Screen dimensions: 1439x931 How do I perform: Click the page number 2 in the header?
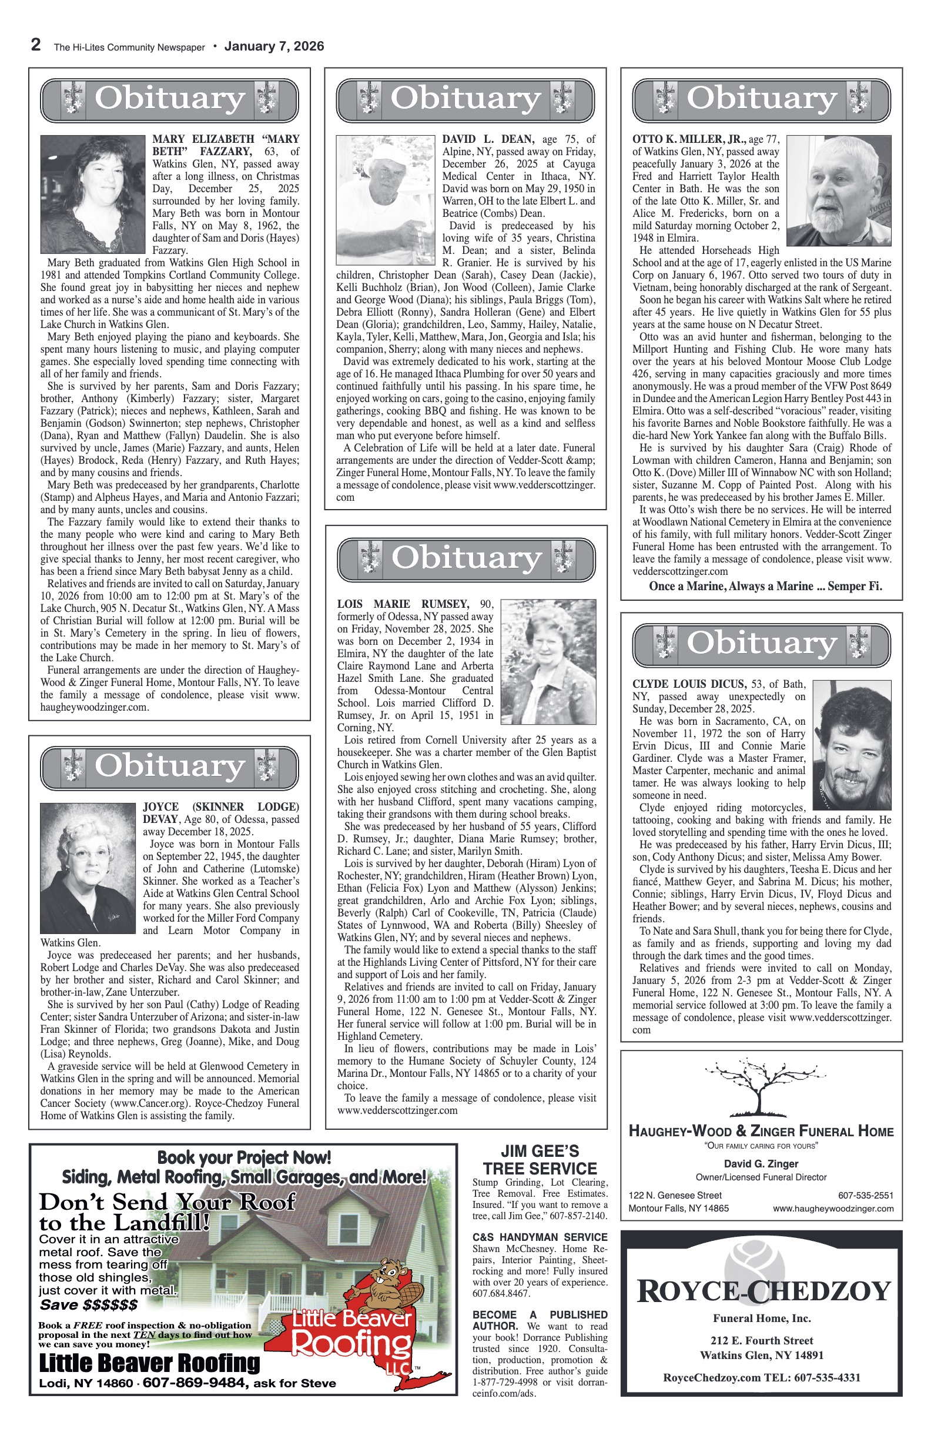[36, 45]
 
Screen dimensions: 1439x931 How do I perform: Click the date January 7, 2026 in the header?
[274, 46]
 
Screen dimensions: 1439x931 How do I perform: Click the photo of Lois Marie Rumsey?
[548, 661]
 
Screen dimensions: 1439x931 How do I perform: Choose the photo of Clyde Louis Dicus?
[852, 745]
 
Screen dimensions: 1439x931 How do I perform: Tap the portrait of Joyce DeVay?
[88, 868]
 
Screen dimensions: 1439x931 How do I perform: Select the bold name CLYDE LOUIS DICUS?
[689, 684]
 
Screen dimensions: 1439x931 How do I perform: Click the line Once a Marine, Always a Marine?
[765, 586]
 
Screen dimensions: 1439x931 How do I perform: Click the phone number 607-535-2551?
[865, 1195]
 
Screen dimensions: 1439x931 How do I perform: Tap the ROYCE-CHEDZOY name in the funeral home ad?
[763, 1291]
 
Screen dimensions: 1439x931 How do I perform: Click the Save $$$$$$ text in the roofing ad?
[89, 1304]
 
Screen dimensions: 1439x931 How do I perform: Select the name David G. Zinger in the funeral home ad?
[761, 1164]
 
